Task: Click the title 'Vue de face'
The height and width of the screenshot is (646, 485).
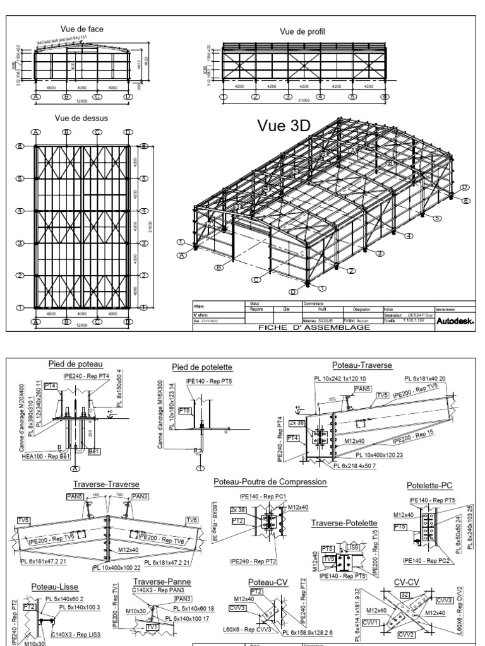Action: [82, 29]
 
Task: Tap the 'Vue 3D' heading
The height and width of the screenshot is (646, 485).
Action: [284, 126]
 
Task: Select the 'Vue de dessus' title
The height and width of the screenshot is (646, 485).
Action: [81, 117]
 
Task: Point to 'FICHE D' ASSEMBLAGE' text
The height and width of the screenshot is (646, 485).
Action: [303, 327]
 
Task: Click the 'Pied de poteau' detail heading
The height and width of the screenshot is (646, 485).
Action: [75, 363]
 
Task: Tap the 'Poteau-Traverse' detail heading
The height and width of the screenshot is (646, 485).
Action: [362, 365]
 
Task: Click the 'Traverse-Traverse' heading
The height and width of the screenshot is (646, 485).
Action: [105, 484]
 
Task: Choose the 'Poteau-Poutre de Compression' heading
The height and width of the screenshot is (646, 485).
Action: [270, 482]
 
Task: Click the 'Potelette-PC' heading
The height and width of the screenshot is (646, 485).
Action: [430, 485]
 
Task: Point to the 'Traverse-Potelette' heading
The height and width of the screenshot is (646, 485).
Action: [344, 523]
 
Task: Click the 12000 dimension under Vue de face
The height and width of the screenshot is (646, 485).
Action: [81, 102]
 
